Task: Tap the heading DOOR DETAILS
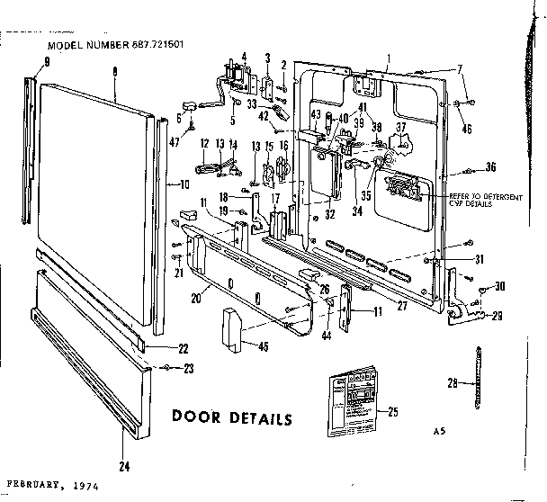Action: pos(231,419)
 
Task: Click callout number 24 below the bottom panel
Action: pos(122,465)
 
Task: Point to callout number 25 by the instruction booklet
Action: pos(391,412)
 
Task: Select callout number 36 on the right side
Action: pos(490,166)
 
